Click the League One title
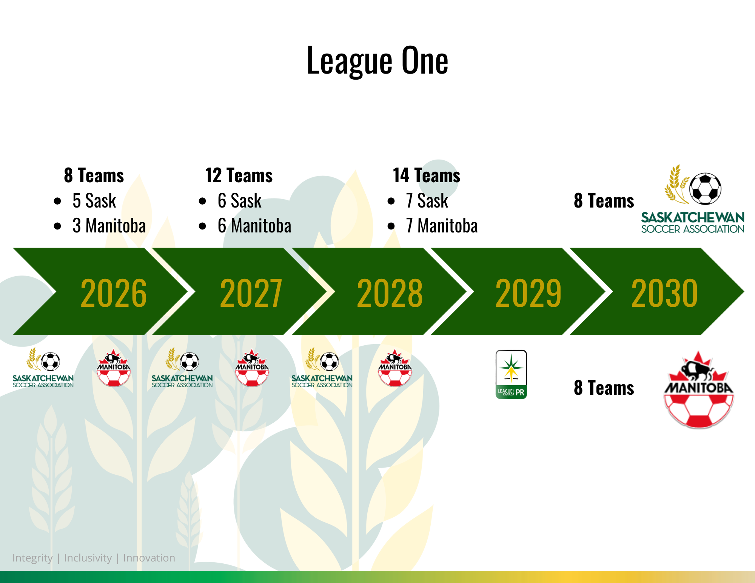click(x=377, y=60)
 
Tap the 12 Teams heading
click(x=239, y=175)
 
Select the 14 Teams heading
click(x=427, y=175)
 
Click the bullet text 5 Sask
click(x=94, y=200)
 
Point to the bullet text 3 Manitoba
click(x=109, y=226)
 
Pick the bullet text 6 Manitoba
click(x=254, y=226)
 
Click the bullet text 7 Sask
click(x=427, y=200)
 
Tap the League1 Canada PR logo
click(x=511, y=374)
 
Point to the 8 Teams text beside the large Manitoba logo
click(x=604, y=388)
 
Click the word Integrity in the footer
click(x=32, y=558)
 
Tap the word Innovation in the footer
click(x=149, y=558)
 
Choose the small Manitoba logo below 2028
click(x=395, y=368)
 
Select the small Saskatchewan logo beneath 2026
click(x=43, y=368)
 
